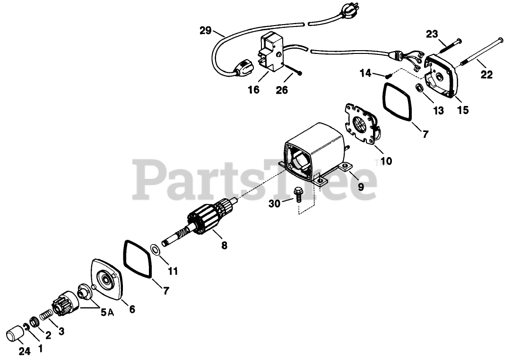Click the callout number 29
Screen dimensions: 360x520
205,31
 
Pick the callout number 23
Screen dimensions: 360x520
432,34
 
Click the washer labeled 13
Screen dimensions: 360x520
419,88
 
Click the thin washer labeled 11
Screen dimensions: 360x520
155,249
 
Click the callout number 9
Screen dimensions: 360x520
361,186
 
